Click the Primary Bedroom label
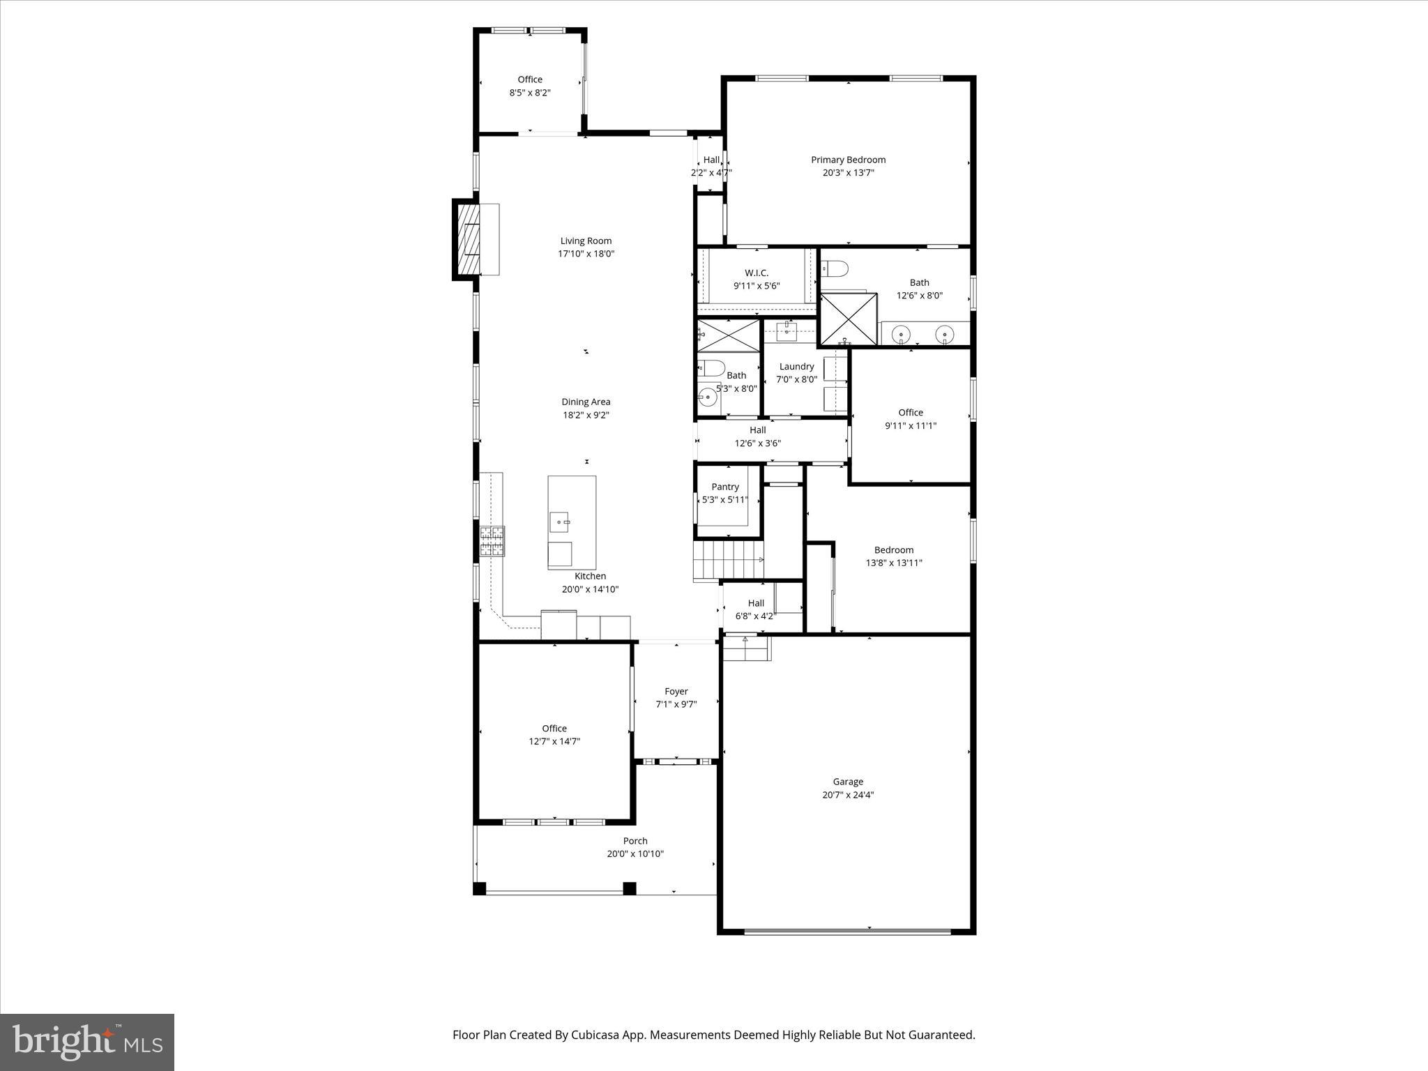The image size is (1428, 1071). click(848, 160)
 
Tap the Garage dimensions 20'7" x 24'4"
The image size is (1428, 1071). click(848, 795)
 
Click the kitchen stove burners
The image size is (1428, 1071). click(492, 541)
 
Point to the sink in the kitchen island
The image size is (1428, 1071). click(561, 521)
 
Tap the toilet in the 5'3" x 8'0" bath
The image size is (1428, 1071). click(711, 367)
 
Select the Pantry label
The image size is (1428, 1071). click(725, 487)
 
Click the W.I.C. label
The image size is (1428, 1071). click(757, 273)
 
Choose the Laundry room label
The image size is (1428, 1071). click(796, 367)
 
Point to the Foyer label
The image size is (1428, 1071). click(676, 692)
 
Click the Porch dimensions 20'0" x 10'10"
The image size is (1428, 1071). click(635, 854)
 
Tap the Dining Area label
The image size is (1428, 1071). click(586, 402)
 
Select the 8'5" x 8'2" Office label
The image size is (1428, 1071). click(530, 79)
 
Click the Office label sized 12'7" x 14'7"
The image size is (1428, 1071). click(554, 729)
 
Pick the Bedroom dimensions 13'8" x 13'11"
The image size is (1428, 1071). click(894, 563)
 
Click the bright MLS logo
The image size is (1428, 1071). click(87, 1042)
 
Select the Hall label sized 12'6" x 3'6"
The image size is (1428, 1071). click(758, 430)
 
